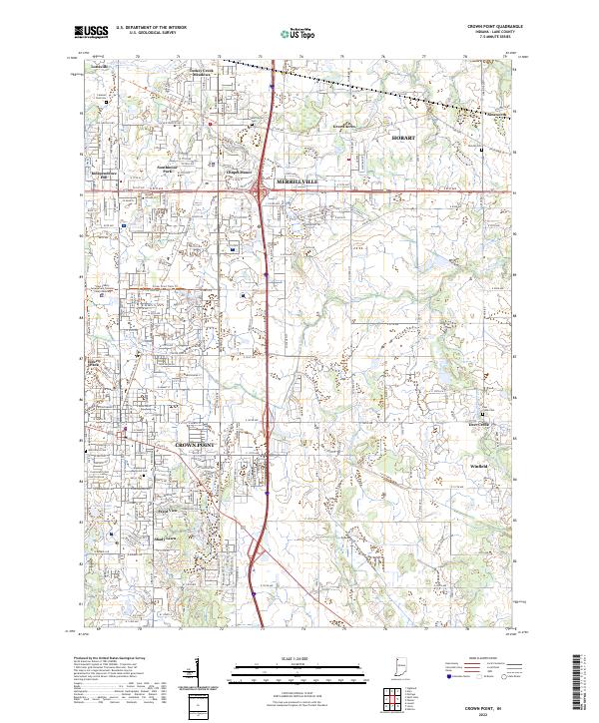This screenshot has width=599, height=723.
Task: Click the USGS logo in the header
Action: pos(91,33)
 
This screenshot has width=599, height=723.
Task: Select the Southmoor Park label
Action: pos(174,170)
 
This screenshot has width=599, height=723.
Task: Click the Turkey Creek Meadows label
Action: pos(202,75)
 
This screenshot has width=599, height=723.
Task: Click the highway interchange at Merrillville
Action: pos(260,191)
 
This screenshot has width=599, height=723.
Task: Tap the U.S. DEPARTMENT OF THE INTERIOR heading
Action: pos(151,28)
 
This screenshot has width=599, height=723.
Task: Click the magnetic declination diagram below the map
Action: pos(200,676)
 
